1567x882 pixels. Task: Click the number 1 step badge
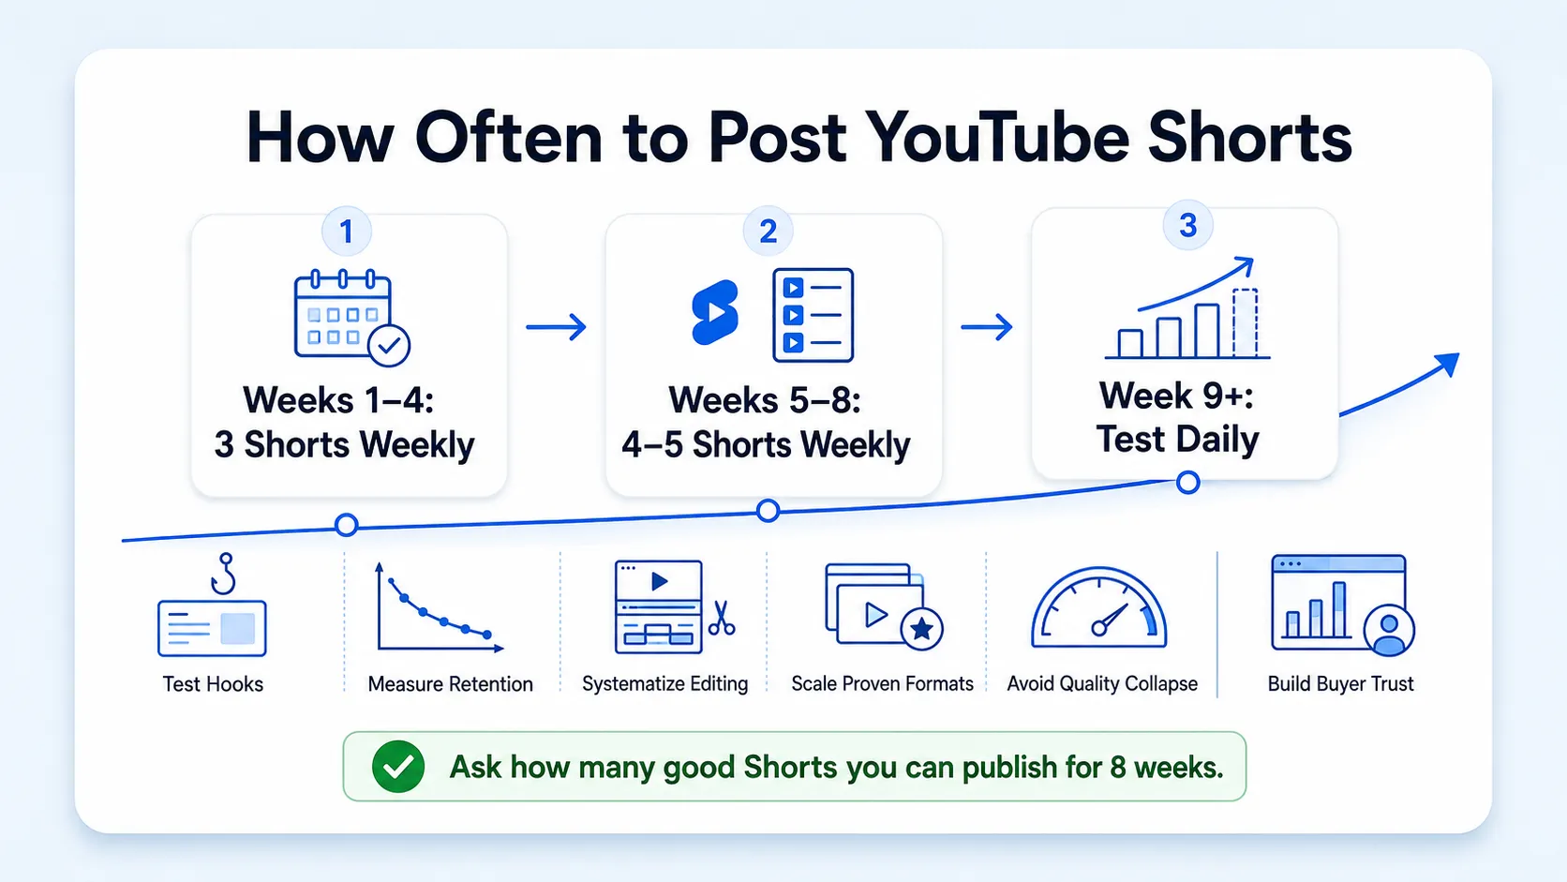point(346,232)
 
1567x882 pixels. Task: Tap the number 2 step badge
point(769,231)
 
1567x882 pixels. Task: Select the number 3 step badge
point(1187,225)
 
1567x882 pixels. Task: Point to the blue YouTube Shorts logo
point(714,312)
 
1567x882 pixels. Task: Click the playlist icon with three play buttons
point(813,315)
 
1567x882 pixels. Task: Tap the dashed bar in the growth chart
point(1246,322)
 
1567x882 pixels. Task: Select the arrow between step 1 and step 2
point(556,326)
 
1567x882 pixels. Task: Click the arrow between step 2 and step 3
point(986,326)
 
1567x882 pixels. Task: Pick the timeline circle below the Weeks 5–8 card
point(769,511)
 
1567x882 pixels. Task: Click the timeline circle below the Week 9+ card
point(1187,482)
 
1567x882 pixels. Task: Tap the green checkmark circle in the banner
point(398,767)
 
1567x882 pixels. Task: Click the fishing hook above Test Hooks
point(224,574)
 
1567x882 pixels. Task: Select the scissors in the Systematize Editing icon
point(722,619)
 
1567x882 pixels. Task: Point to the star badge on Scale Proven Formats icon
point(921,629)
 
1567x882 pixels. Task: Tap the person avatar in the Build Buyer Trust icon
point(1389,630)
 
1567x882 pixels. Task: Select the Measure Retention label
point(451,683)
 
